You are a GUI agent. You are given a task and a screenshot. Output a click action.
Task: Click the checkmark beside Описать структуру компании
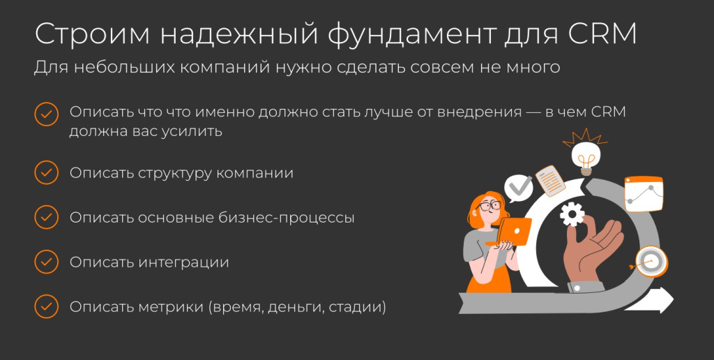[46, 172]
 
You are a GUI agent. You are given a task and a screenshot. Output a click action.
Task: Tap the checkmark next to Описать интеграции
[46, 262]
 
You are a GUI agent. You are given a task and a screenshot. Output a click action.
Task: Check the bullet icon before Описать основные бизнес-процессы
[46, 217]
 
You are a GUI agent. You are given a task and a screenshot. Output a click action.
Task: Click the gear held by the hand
[572, 212]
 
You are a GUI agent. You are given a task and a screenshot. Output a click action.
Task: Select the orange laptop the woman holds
[512, 231]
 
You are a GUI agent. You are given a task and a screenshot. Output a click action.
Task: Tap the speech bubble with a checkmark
[519, 187]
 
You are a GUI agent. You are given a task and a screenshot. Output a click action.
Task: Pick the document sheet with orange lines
[550, 180]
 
